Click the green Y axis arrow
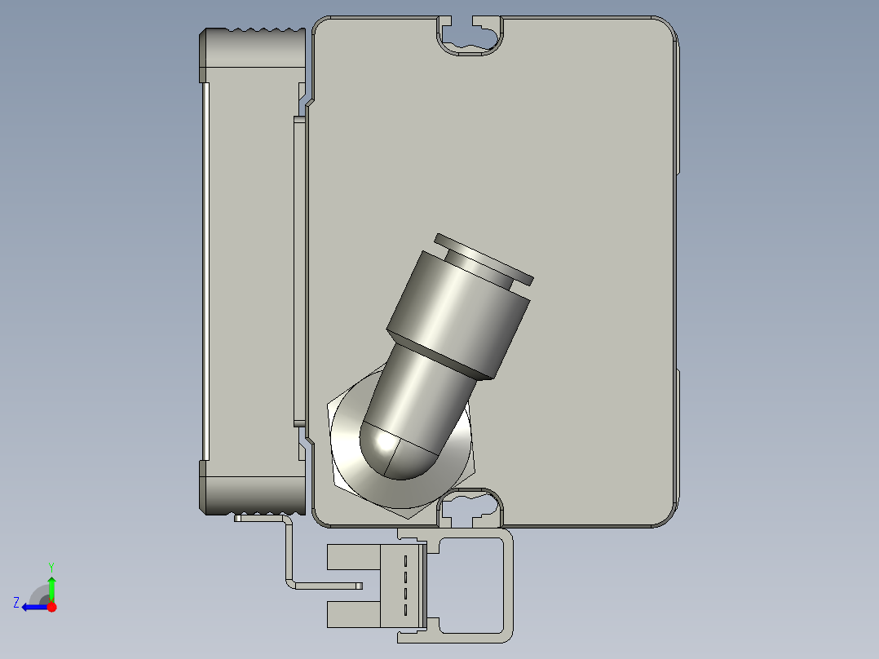pos(51,589)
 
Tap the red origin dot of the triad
pos(51,607)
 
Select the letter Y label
pos(51,567)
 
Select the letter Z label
pos(16,603)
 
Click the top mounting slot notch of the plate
pos(470,37)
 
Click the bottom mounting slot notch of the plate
pos(470,508)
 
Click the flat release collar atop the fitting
pos(484,259)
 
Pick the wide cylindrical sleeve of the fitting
pos(458,315)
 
